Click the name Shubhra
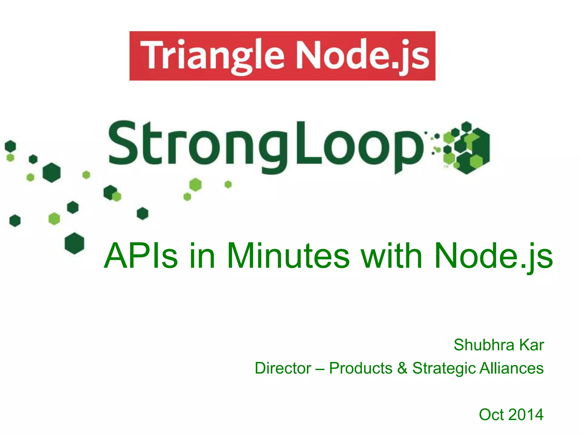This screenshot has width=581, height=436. (484, 345)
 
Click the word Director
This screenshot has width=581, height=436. (283, 368)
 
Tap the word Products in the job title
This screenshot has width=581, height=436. (361, 368)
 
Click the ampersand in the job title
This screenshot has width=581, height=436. (402, 368)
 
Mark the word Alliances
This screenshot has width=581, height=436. (511, 368)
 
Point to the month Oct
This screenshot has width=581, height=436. (491, 414)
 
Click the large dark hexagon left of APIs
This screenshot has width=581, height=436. (74, 243)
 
